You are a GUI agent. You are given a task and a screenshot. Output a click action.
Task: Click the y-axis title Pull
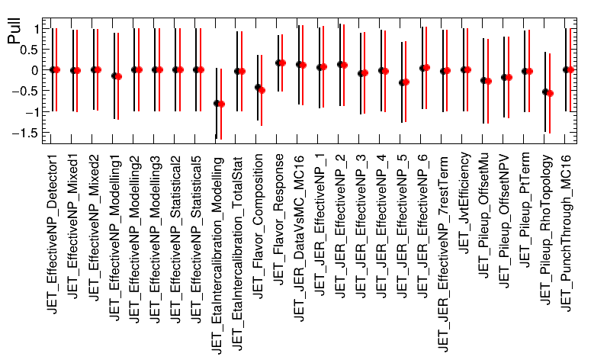pos(14,32)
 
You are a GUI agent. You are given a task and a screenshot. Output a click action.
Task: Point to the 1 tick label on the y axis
pos(37,29)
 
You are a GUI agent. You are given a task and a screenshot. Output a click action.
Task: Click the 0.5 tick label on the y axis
pos(31,50)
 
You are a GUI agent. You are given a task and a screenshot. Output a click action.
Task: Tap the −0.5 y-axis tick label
pos(26,92)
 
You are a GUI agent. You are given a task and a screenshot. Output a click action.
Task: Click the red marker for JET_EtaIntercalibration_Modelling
pos(221,104)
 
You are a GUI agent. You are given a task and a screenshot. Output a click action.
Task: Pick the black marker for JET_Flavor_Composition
pos(258,88)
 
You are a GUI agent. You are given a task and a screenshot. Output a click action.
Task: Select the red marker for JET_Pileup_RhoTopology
pos(550,93)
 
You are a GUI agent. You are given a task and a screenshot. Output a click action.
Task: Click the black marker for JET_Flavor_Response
pos(278,63)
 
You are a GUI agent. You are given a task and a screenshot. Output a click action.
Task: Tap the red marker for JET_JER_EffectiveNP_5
pos(406,82)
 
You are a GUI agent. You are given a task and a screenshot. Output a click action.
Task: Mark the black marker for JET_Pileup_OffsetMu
pos(483,81)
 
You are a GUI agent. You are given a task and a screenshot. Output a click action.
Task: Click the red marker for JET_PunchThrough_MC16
pos(570,69)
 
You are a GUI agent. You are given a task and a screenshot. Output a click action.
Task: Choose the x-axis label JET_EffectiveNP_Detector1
pos(52,235)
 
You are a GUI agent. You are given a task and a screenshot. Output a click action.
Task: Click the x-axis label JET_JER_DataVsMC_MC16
pos(299,239)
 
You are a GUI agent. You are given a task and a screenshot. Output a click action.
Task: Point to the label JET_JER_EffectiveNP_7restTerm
pos(443,254)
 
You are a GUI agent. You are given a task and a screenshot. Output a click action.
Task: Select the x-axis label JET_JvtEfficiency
pos(464,203)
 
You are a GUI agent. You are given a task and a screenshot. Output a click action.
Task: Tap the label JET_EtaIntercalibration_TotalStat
pos(237,253)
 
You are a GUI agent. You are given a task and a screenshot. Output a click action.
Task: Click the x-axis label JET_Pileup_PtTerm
pos(525,210)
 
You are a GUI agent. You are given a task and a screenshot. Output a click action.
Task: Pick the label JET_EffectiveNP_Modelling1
pos(114,238)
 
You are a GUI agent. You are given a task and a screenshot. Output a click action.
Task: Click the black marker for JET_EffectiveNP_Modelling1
pos(114,76)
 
